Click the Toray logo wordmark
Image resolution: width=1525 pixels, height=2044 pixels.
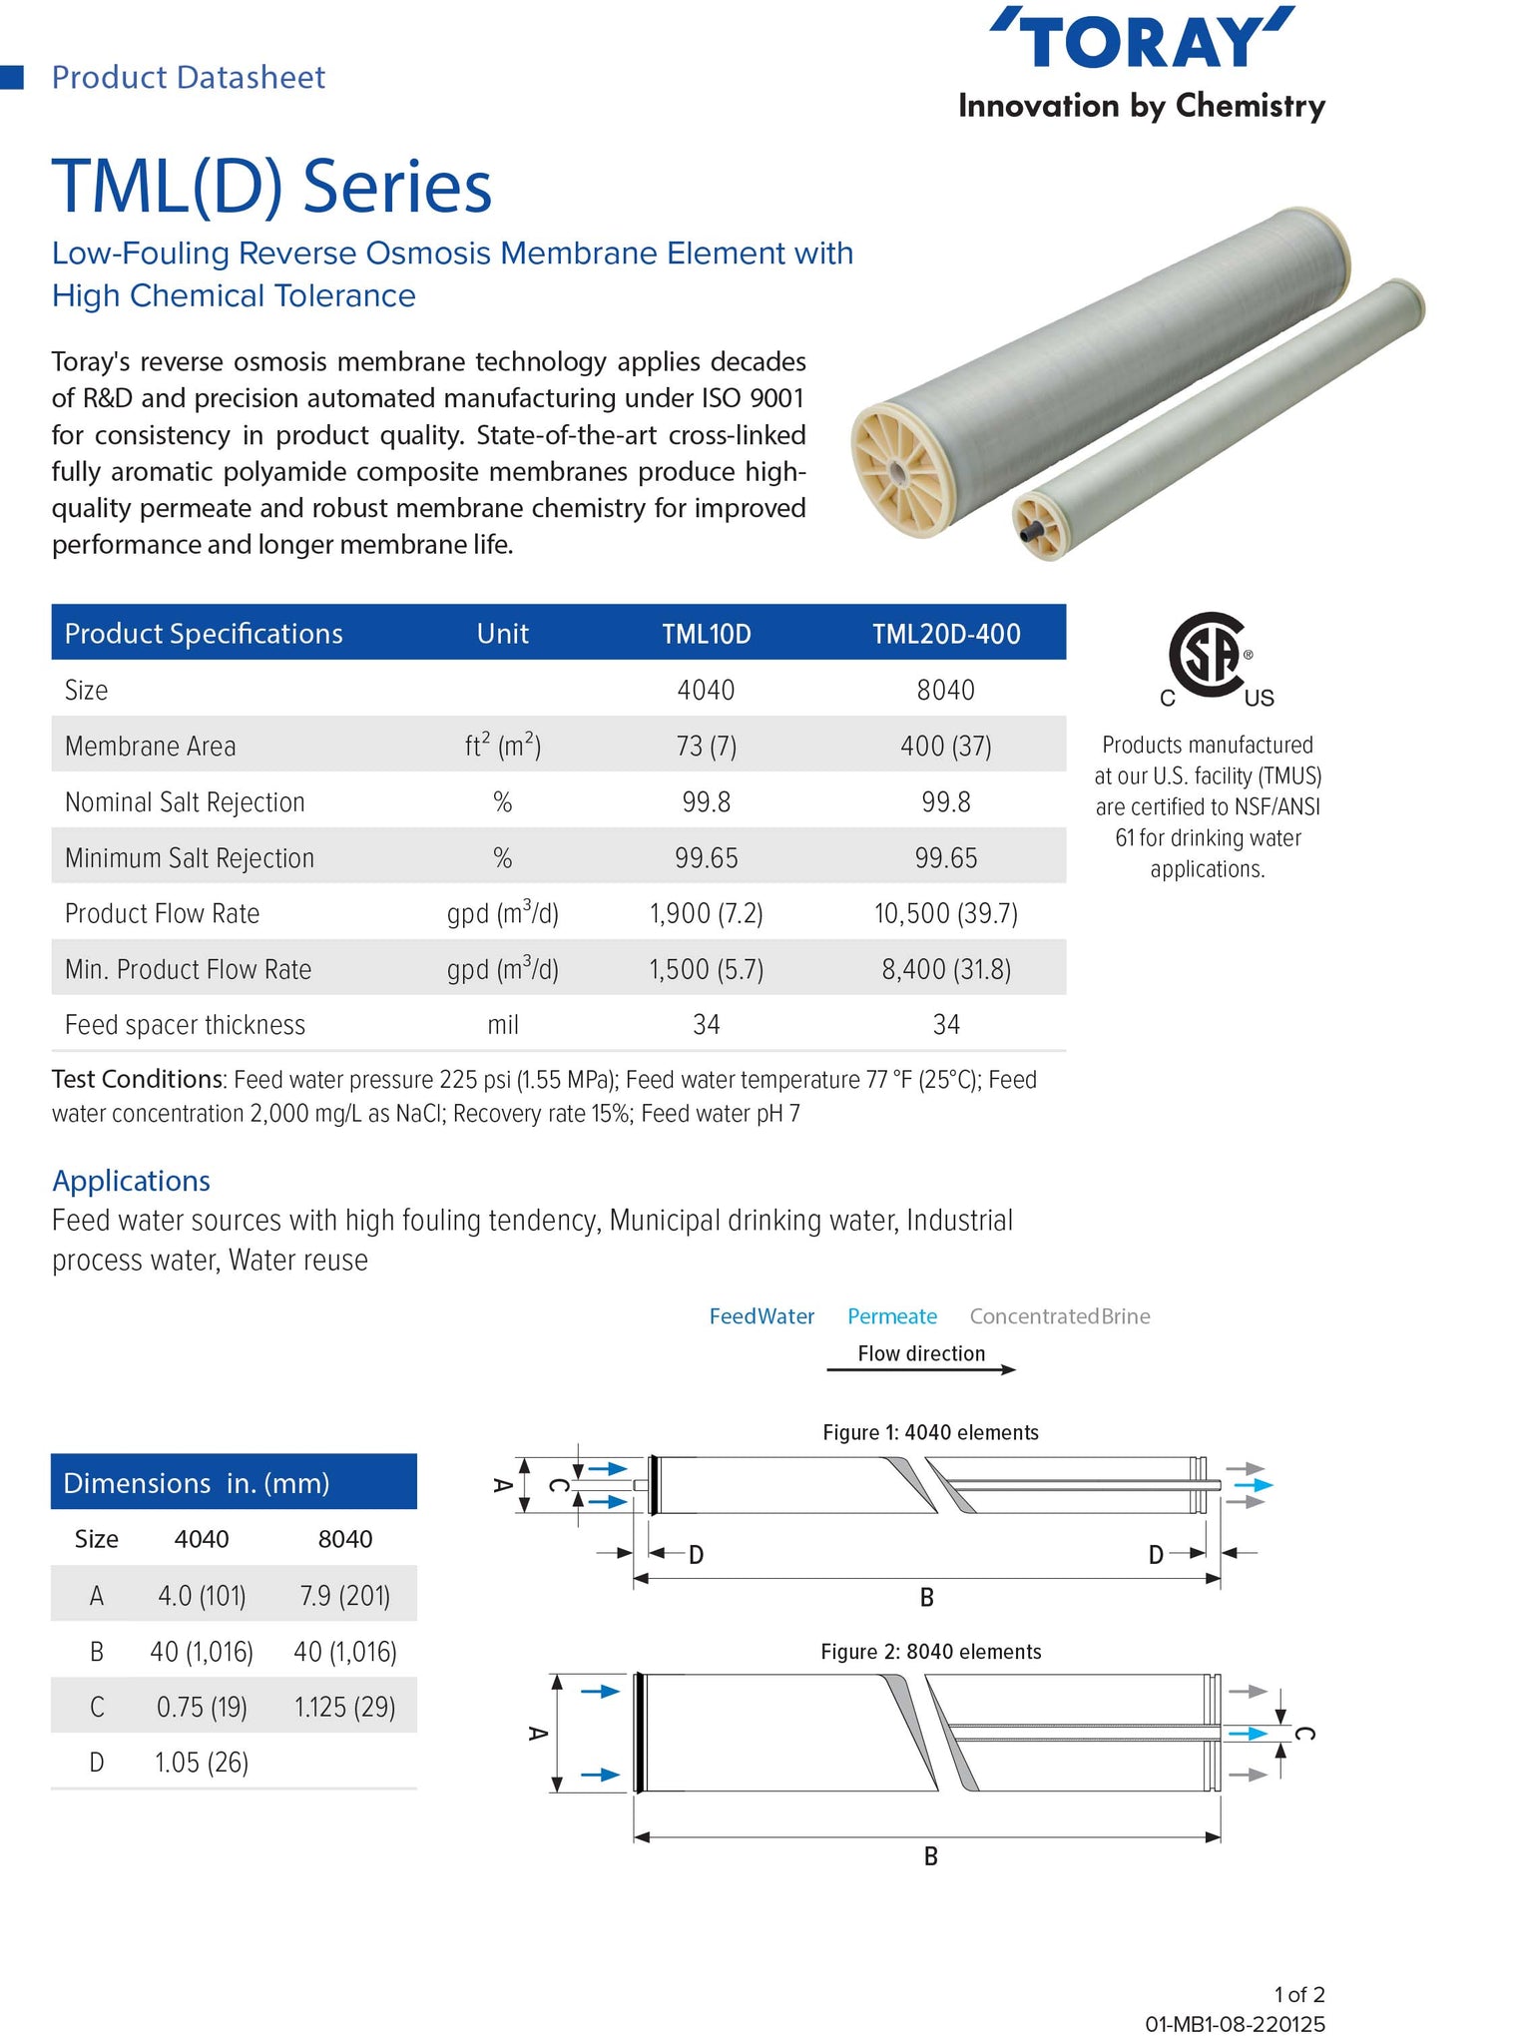pyautogui.click(x=1142, y=40)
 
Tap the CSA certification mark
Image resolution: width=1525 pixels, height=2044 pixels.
pyautogui.click(x=1209, y=654)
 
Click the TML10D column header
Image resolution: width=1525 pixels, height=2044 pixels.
pyautogui.click(x=706, y=634)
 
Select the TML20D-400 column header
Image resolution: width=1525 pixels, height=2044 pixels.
pyautogui.click(x=945, y=634)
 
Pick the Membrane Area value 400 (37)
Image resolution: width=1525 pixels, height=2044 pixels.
pyautogui.click(x=945, y=747)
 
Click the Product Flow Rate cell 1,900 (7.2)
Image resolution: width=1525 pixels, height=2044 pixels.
pyautogui.click(x=706, y=914)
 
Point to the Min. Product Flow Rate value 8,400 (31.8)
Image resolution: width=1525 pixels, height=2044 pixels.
pyautogui.click(x=945, y=970)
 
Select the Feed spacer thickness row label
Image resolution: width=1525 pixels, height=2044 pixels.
pyautogui.click(x=185, y=1025)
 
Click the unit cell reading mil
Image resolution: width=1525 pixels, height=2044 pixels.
pyautogui.click(x=502, y=1025)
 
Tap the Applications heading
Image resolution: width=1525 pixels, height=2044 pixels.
pyautogui.click(x=131, y=1181)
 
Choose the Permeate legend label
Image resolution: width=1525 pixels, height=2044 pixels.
pyautogui.click(x=891, y=1316)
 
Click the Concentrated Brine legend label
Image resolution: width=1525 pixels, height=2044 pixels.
pyautogui.click(x=1059, y=1316)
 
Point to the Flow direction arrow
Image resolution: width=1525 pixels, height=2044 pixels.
pyautogui.click(x=920, y=1369)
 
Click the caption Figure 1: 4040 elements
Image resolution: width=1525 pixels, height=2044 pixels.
pyautogui.click(x=930, y=1433)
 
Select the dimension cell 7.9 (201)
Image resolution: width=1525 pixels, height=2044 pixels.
pyautogui.click(x=344, y=1596)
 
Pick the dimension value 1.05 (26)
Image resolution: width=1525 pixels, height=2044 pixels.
pyautogui.click(x=201, y=1763)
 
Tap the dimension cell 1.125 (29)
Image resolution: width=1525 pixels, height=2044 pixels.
pyautogui.click(x=344, y=1708)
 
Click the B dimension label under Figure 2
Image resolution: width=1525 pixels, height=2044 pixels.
pyautogui.click(x=930, y=1856)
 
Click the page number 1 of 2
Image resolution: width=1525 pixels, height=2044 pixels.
pyautogui.click(x=1298, y=1995)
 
